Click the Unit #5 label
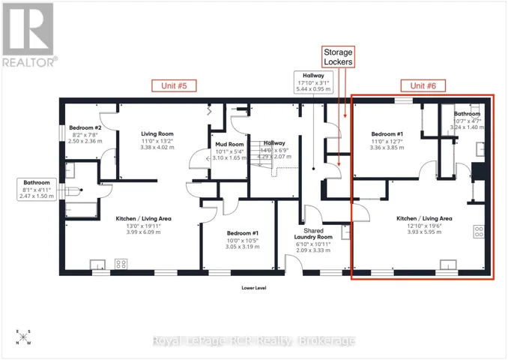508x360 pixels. (174, 85)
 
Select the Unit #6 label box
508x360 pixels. (423, 85)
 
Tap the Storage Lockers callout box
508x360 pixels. (338, 57)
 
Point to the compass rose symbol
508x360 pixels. (23, 337)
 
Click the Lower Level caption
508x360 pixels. (254, 288)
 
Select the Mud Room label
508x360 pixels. (229, 144)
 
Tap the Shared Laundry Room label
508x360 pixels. (313, 234)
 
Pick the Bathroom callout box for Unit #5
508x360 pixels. (37, 190)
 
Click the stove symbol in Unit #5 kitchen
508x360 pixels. (121, 264)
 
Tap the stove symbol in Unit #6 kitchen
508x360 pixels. (479, 232)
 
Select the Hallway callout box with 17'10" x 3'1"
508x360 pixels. (313, 82)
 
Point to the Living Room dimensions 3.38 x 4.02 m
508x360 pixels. (157, 147)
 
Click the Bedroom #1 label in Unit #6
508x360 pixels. (387, 134)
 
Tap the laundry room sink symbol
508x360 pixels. (345, 232)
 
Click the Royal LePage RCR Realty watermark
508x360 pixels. (254, 340)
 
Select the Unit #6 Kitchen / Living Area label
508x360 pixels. (424, 218)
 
